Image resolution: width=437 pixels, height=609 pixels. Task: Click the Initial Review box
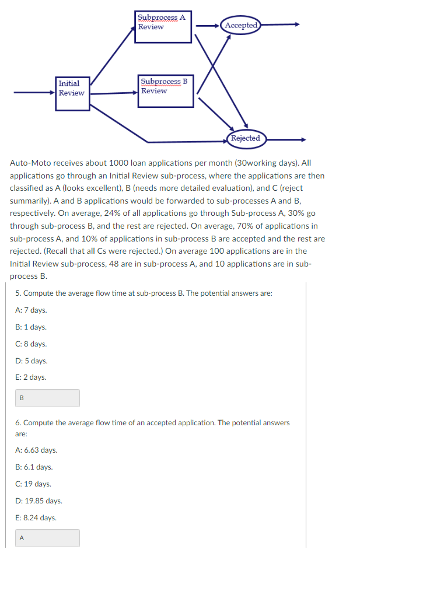[72, 93]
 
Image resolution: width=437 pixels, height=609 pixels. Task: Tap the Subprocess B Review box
[166, 91]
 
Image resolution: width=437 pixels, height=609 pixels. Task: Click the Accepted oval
[242, 25]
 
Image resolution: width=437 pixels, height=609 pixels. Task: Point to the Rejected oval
[246, 138]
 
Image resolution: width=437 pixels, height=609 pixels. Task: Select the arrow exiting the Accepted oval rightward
[280, 25]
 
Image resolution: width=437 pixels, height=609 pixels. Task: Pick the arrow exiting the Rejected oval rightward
[286, 139]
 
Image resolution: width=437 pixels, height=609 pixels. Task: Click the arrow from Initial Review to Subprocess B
[114, 93]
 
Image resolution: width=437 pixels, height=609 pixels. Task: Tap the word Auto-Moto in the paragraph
[29, 163]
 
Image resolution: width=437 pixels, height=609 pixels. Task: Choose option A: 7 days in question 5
[32, 310]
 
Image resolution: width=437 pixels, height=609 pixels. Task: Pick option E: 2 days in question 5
[31, 377]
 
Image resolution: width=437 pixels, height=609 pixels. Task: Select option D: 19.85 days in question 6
[39, 501]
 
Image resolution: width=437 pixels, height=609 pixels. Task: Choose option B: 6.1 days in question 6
[34, 467]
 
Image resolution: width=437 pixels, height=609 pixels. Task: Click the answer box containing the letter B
[47, 398]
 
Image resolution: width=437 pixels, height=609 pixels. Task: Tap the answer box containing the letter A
[47, 538]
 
